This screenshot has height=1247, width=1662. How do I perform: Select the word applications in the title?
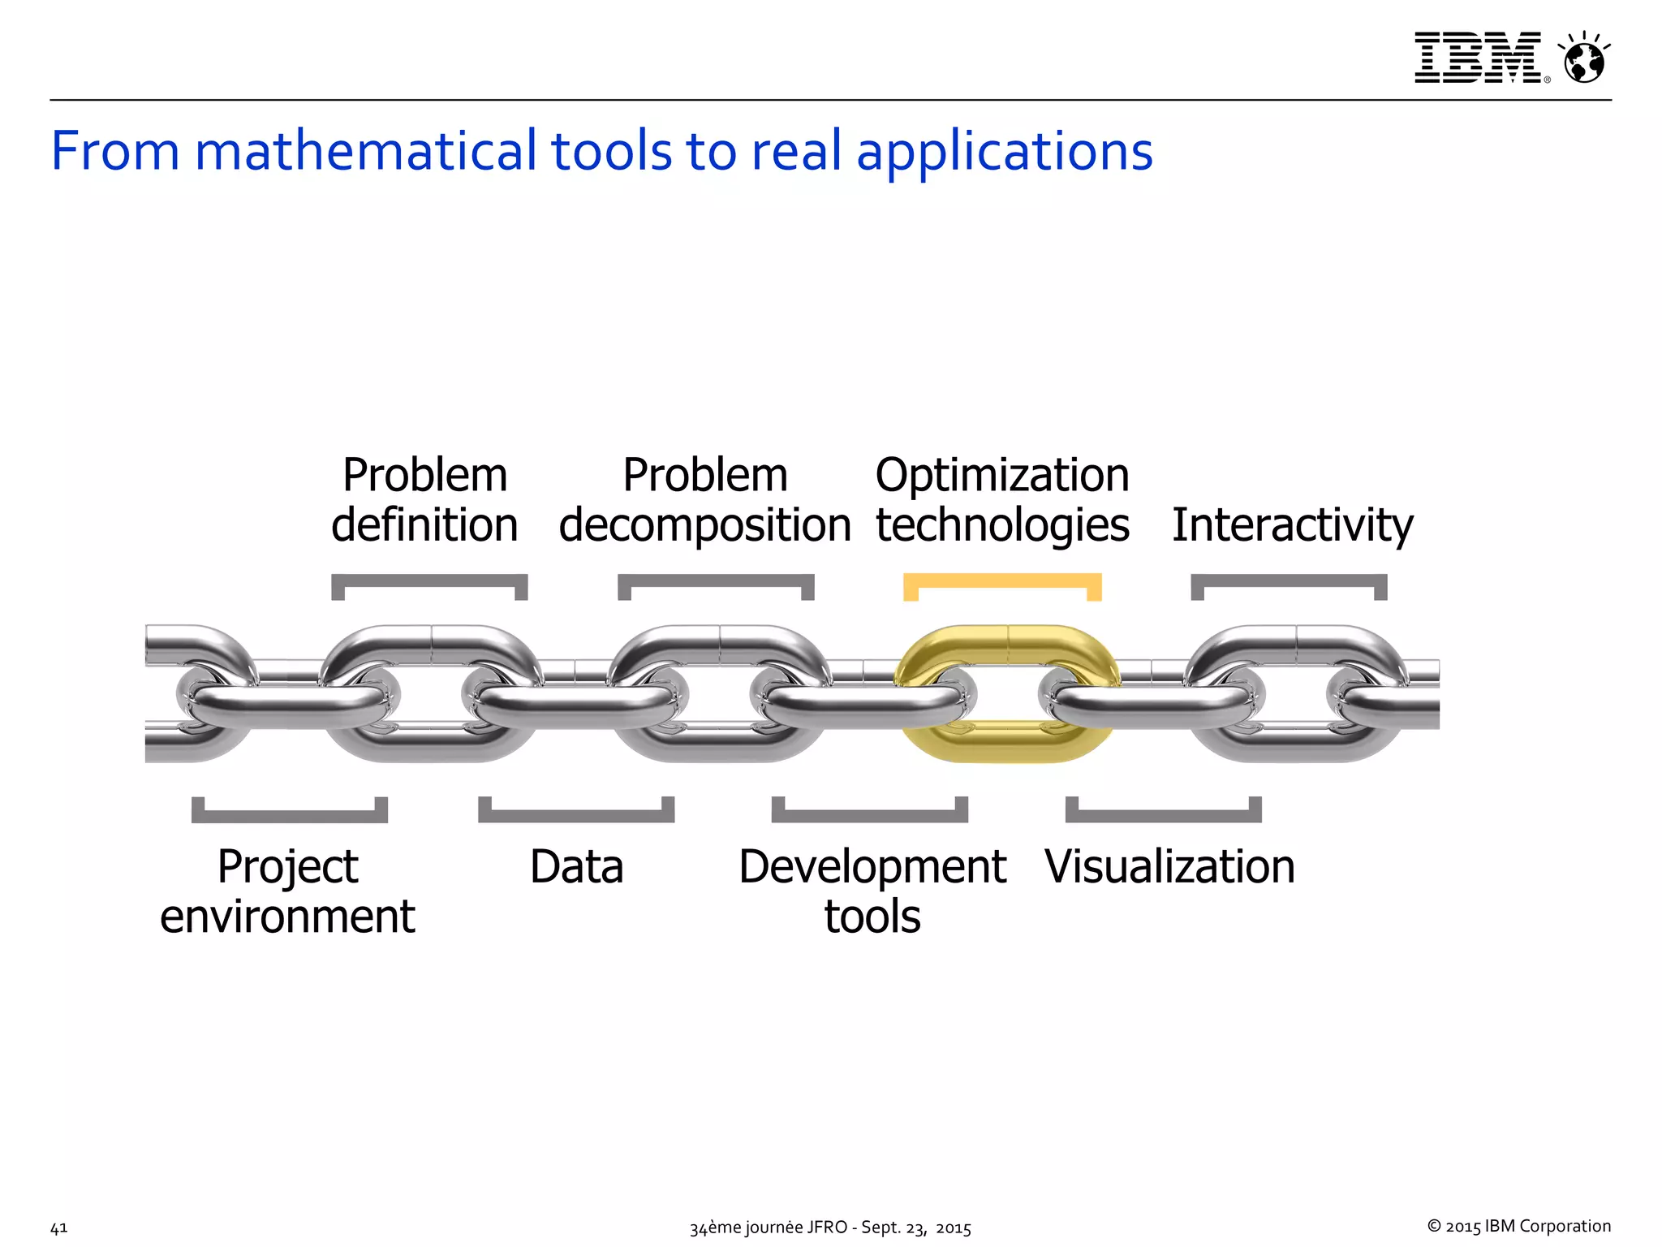click(1005, 152)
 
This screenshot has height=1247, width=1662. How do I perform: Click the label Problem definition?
click(424, 499)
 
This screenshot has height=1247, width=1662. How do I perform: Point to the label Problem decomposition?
click(704, 499)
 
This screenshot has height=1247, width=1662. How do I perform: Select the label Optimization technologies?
click(1002, 499)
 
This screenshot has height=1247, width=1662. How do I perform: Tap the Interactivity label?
click(1292, 524)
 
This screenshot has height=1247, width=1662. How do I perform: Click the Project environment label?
click(287, 891)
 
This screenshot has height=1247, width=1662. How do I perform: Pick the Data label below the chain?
click(576, 866)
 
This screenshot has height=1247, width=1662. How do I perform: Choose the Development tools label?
click(872, 891)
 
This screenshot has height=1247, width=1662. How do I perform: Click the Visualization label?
click(1169, 866)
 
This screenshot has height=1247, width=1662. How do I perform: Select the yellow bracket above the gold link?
click(1002, 580)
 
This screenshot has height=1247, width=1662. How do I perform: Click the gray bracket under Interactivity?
click(1289, 580)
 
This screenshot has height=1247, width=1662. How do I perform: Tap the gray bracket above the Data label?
click(576, 815)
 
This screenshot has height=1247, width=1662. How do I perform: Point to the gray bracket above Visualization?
click(1163, 815)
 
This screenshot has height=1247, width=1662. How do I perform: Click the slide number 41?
click(58, 1228)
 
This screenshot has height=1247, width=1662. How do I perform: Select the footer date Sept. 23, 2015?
click(915, 1228)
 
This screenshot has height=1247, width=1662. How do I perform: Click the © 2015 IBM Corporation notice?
click(1518, 1226)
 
